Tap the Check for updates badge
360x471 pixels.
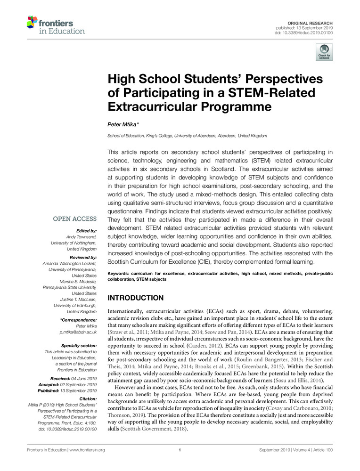tap(324, 52)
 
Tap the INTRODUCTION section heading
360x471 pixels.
tap(136, 298)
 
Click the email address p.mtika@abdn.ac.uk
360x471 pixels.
tap(78, 332)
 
